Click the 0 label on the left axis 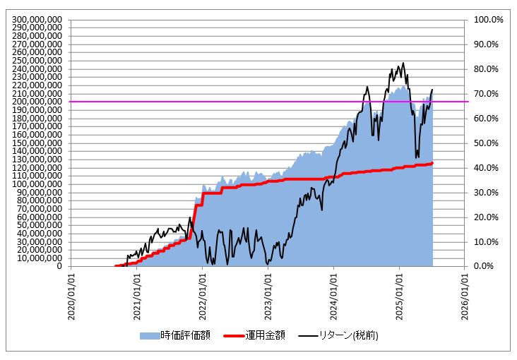(59, 266)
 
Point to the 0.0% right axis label (487, 266)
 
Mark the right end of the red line (432, 163)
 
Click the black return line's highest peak (403, 62)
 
